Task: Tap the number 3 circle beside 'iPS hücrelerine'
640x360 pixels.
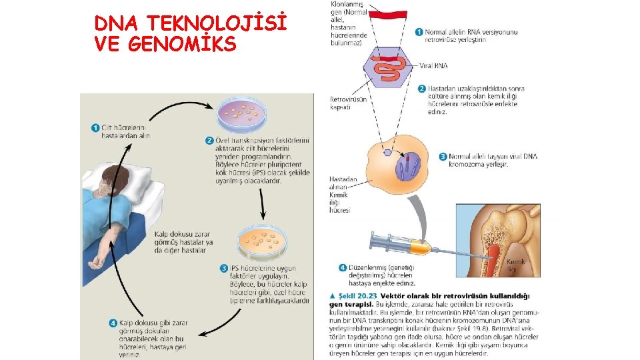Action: [x=224, y=268]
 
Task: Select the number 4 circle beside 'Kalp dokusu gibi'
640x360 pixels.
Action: [x=114, y=323]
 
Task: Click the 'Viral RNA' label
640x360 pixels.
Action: [x=434, y=66]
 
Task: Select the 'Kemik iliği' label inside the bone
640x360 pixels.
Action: [x=515, y=265]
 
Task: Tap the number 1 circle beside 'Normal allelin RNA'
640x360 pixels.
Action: [x=419, y=31]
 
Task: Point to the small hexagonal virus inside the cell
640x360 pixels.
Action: [x=387, y=153]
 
